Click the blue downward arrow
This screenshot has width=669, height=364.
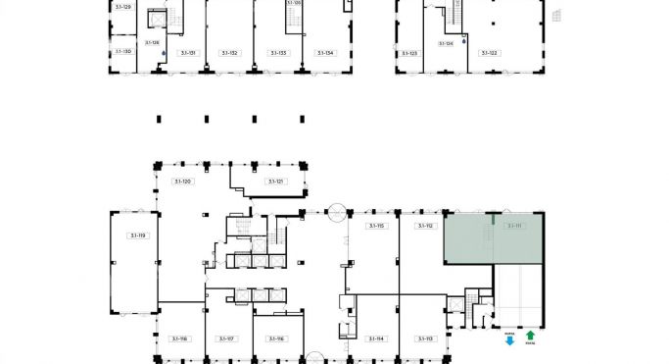point(509,339)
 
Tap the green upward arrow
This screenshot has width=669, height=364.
point(530,336)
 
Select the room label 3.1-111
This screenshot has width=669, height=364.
point(514,226)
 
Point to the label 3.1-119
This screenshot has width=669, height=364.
point(137,235)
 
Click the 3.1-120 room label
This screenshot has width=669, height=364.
point(182,182)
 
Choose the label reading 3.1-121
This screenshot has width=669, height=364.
point(275,182)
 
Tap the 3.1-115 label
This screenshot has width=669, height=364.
point(375,226)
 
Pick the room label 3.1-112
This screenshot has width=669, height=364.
point(424,226)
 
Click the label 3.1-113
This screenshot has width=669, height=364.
point(424,338)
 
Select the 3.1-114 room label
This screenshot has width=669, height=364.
point(375,338)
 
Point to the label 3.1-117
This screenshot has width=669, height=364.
point(227,338)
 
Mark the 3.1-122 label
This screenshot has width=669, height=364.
point(488,52)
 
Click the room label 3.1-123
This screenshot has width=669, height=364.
point(408,52)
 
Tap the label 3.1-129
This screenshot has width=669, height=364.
point(122,7)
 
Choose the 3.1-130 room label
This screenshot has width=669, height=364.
point(122,50)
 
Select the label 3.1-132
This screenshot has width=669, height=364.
point(229,52)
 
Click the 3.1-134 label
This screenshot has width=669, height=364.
point(325,52)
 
